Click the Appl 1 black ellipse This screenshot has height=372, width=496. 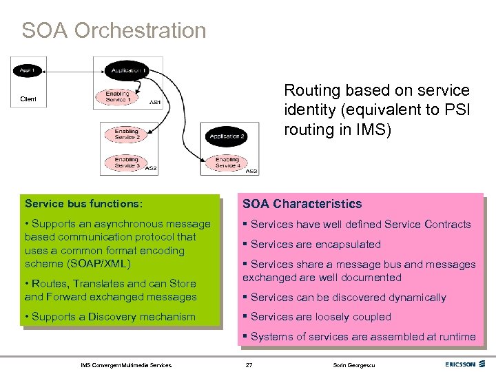(29, 70)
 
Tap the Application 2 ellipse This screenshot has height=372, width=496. (227, 136)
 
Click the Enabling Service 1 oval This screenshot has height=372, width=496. (118, 96)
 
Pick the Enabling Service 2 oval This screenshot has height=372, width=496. (125, 134)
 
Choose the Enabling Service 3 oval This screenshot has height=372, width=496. (125, 163)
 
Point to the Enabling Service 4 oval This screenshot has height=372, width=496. (227, 163)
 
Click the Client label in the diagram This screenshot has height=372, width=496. (29, 100)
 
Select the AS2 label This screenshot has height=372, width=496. (152, 168)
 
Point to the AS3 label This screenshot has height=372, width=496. (252, 170)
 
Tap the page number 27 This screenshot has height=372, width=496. (249, 364)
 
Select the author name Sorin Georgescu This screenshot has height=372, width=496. (349, 364)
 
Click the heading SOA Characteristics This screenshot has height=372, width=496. (302, 204)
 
